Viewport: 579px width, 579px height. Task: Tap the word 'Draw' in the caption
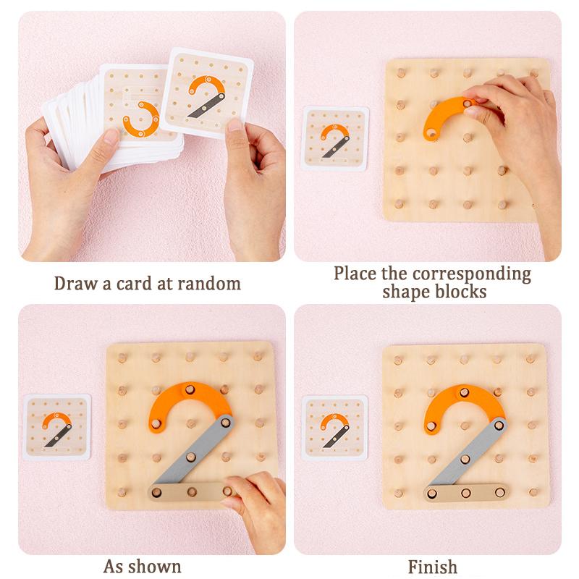(75, 283)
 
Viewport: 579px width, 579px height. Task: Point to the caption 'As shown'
(143, 565)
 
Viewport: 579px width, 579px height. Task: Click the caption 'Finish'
(433, 565)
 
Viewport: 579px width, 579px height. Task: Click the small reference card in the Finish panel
(334, 427)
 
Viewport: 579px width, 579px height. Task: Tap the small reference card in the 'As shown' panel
(58, 427)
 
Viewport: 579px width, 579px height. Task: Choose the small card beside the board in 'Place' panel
(334, 138)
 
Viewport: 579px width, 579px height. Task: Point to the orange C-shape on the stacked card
(140, 119)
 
